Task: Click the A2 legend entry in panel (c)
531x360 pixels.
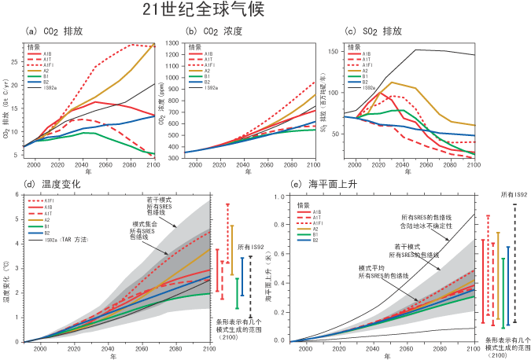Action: coord(367,70)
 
